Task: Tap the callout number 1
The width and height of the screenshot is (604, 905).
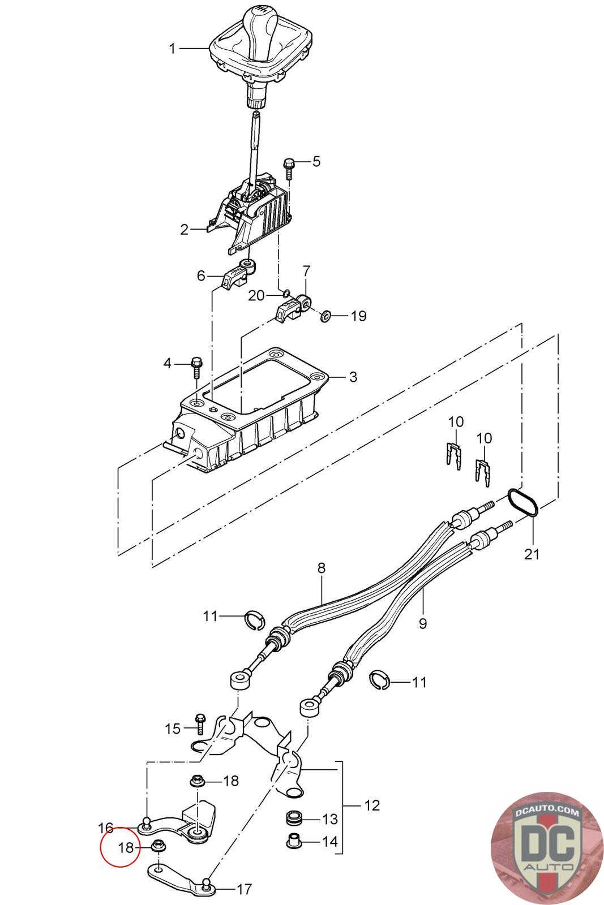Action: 172,49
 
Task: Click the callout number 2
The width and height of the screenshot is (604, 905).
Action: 185,230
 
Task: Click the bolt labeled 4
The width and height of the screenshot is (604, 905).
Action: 196,367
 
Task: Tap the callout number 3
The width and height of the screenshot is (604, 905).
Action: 353,377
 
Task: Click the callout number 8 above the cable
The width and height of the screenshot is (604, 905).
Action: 322,568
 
